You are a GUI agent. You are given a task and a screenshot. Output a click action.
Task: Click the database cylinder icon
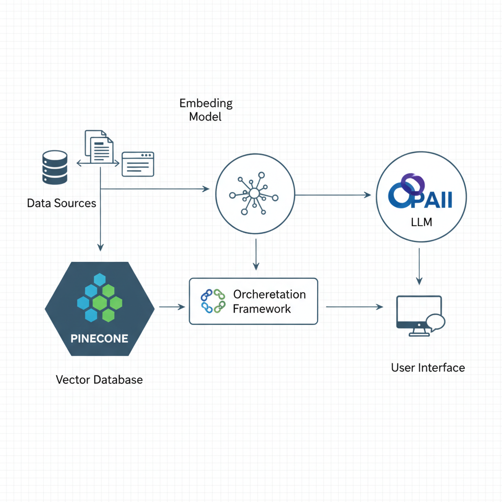click(x=55, y=168)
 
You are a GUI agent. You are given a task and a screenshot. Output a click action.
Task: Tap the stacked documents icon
click(x=99, y=147)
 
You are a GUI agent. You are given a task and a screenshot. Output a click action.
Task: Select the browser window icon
click(x=138, y=164)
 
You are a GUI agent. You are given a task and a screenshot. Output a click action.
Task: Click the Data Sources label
click(x=61, y=203)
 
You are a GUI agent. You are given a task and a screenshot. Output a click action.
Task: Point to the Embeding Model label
click(x=206, y=110)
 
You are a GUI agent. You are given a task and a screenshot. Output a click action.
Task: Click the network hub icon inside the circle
click(x=254, y=193)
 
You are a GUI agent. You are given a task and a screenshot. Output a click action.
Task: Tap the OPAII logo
click(x=420, y=192)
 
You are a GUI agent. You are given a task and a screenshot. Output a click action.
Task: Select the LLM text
click(x=421, y=222)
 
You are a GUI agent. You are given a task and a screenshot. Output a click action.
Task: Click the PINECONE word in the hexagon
click(x=99, y=338)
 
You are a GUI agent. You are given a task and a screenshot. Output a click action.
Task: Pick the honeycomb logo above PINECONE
click(x=100, y=298)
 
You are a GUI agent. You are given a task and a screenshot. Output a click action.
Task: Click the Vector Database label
click(x=99, y=380)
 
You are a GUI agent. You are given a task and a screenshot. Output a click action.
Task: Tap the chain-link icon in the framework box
click(x=213, y=301)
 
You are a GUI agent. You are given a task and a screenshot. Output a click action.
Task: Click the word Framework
click(x=262, y=309)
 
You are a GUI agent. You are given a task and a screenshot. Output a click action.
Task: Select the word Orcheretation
click(x=270, y=294)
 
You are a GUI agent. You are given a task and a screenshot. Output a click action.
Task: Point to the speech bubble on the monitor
click(x=436, y=322)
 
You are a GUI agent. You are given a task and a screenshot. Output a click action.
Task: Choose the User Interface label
click(x=428, y=368)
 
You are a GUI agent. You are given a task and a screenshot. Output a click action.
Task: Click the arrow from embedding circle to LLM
click(x=333, y=195)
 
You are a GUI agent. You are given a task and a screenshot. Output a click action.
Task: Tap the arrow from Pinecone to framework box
click(x=172, y=307)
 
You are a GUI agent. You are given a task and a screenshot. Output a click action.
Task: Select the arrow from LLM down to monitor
click(x=419, y=266)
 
